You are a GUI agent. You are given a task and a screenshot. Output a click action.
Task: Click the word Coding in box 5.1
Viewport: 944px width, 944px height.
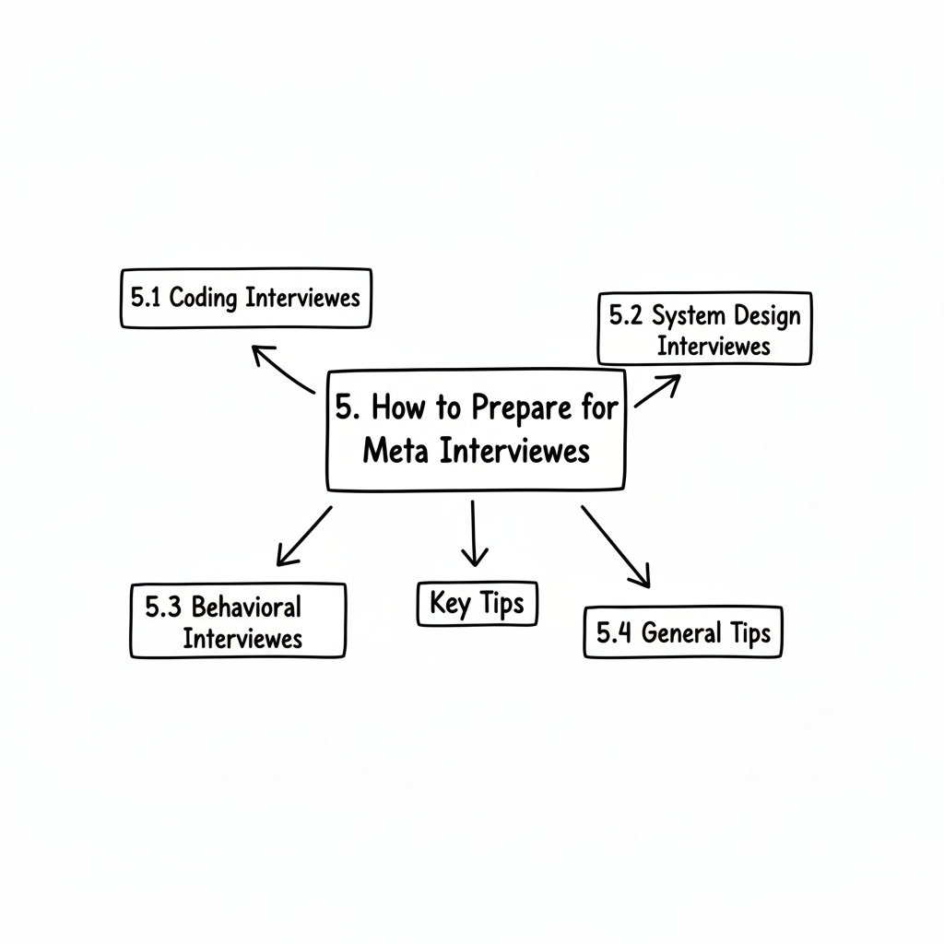(x=204, y=298)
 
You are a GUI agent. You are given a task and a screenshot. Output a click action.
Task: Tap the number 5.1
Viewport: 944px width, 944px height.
(x=145, y=298)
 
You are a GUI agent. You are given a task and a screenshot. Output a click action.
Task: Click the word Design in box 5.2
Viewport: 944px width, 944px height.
(x=767, y=315)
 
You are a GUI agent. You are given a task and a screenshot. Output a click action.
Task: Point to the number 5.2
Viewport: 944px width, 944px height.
(x=627, y=315)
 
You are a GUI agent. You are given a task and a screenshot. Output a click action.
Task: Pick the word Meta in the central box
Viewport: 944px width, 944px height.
(x=395, y=452)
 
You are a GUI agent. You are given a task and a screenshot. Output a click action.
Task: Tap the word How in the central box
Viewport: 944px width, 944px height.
(x=403, y=408)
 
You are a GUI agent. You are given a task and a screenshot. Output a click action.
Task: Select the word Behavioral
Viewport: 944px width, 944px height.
(x=245, y=607)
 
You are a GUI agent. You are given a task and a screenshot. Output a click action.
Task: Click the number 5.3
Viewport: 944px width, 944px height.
(x=163, y=607)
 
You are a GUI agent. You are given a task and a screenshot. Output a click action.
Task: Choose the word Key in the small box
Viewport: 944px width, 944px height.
(x=450, y=604)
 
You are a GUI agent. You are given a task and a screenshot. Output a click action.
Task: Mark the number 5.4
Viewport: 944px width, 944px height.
(x=614, y=633)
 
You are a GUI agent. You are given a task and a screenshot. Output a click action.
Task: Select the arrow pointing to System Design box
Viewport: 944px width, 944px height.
(x=657, y=391)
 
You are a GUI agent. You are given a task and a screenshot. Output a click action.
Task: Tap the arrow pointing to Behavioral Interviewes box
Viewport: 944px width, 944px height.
(x=303, y=536)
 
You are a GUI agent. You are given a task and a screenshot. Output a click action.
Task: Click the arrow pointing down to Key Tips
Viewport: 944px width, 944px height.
(x=474, y=533)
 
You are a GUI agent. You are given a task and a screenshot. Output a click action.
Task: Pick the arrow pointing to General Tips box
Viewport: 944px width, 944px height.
(x=616, y=546)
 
